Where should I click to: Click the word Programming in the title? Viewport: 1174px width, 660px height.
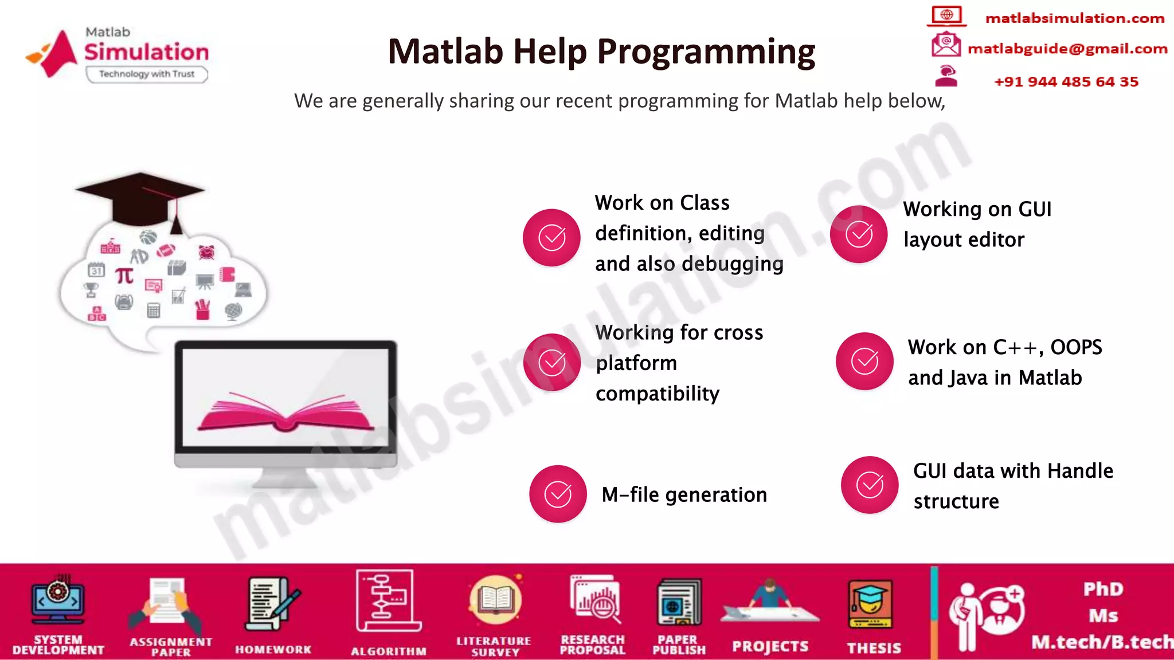point(706,52)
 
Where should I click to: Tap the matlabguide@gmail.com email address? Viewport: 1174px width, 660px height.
point(1067,49)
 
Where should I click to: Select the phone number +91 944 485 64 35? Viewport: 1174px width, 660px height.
point(1066,81)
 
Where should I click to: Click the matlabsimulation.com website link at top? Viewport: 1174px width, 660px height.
point(1074,18)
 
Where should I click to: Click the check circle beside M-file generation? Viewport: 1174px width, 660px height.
point(558,494)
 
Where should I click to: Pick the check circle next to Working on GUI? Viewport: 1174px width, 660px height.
point(859,234)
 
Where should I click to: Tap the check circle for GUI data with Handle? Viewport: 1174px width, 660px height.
point(870,485)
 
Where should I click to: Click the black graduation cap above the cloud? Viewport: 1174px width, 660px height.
point(141,198)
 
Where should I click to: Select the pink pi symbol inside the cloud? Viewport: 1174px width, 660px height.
point(124,276)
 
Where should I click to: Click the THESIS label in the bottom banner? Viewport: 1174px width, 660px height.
point(874,648)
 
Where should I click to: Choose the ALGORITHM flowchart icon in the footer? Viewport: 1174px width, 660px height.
point(388,602)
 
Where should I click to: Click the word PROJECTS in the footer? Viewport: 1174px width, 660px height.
point(770,646)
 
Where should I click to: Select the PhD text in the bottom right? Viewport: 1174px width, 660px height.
point(1103,589)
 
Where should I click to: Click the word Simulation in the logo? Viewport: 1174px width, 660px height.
point(147,52)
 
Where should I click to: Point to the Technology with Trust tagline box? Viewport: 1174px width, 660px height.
point(147,74)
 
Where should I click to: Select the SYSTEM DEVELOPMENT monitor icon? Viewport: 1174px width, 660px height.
point(58,602)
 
